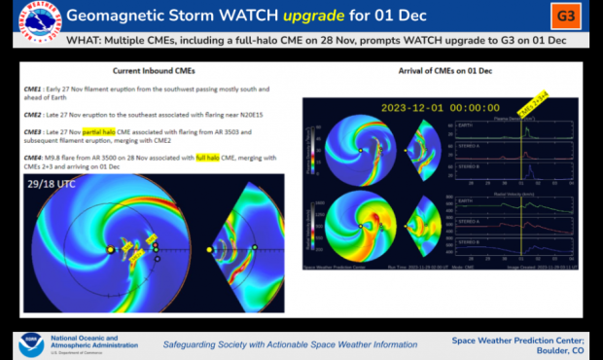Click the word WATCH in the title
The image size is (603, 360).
coord(306,16)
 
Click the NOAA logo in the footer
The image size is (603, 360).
coord(28,344)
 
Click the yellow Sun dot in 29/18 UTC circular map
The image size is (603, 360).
coord(110,250)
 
